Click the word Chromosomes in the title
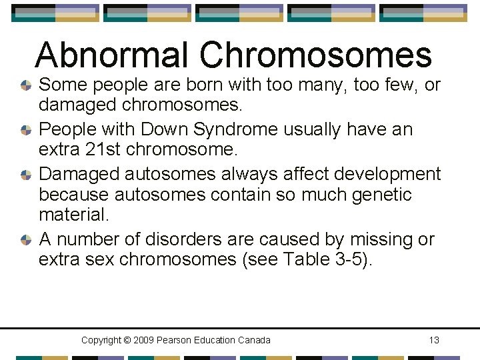316,55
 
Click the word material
72,216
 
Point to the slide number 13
434,340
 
